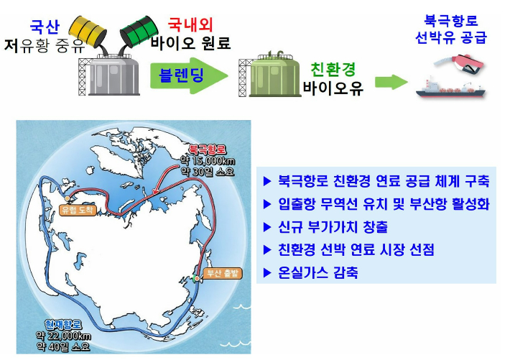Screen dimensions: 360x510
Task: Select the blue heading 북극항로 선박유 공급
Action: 451,28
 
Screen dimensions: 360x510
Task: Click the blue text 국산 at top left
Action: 43,28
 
